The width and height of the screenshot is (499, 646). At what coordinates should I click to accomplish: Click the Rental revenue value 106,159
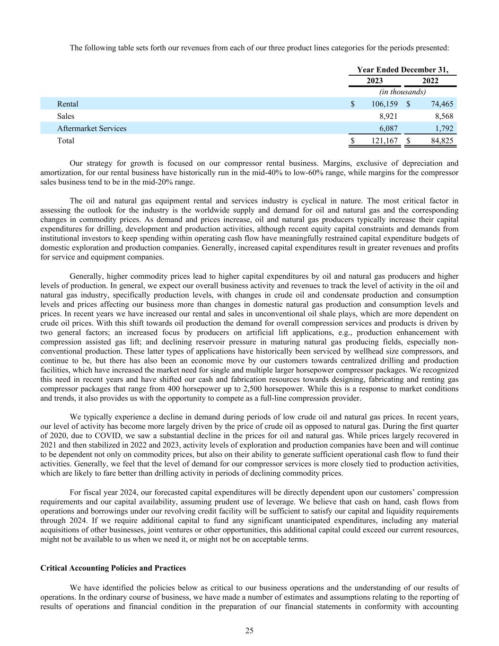click(x=382, y=104)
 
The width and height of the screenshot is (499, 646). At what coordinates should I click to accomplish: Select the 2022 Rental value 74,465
click(x=442, y=104)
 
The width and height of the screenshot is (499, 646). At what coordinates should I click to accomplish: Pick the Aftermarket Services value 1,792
click(x=444, y=128)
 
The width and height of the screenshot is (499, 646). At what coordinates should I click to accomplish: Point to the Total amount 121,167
click(x=382, y=141)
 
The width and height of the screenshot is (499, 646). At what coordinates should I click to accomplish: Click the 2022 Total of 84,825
click(x=442, y=141)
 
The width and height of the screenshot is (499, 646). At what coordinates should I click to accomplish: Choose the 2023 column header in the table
click(x=375, y=80)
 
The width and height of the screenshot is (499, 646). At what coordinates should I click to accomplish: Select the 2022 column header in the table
click(x=430, y=80)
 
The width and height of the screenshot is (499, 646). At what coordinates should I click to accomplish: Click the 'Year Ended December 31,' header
click(x=402, y=70)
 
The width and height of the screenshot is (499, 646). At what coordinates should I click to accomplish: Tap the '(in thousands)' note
click(x=403, y=92)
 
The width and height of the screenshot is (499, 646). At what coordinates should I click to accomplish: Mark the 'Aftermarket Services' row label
click(x=92, y=128)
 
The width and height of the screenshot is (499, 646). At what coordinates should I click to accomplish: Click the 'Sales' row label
click(x=66, y=116)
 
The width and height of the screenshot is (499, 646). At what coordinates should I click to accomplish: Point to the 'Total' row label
click(x=66, y=141)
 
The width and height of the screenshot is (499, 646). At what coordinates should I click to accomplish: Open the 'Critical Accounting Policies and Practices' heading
click(x=113, y=568)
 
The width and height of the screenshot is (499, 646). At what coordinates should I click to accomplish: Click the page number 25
click(x=249, y=630)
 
